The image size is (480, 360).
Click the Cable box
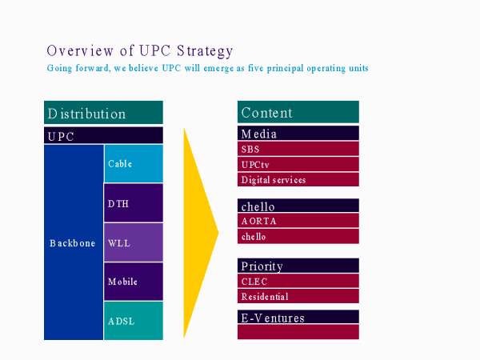pyautogui.click(x=134, y=164)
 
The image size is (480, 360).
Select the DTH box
pyautogui.click(x=134, y=202)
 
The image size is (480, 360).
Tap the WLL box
pyautogui.click(x=134, y=242)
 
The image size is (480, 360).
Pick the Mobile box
pyautogui.click(x=134, y=282)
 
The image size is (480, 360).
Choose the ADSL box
pyautogui.click(x=134, y=321)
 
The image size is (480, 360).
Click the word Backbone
pyautogui.click(x=73, y=243)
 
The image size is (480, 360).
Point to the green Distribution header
pyautogui.click(x=103, y=112)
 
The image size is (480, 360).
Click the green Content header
pyautogui.click(x=298, y=112)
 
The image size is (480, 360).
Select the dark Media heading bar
pyautogui.click(x=298, y=133)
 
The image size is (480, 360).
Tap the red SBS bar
pyautogui.click(x=298, y=149)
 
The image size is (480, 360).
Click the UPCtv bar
pyautogui.click(x=298, y=164)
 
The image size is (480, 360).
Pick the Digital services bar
pyautogui.click(x=298, y=179)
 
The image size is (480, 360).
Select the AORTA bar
pyautogui.click(x=298, y=221)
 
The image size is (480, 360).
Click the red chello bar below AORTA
pyautogui.click(x=298, y=236)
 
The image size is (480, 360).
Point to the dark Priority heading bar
pyautogui.click(x=298, y=266)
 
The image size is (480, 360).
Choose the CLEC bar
pyautogui.click(x=298, y=281)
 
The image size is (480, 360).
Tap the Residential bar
pyautogui.click(x=298, y=296)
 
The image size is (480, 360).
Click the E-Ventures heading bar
pyautogui.click(x=298, y=317)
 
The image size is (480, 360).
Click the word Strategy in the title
pyautogui.click(x=205, y=51)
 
